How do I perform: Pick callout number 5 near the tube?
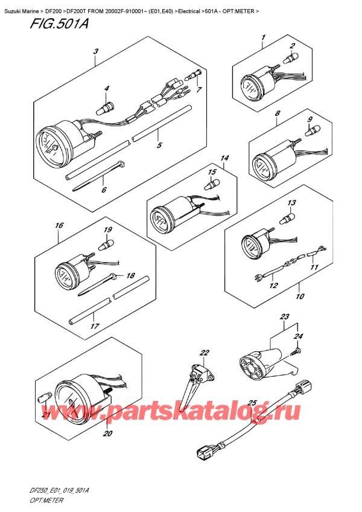159,145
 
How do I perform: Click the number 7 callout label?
200,91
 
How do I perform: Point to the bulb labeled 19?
108,243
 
